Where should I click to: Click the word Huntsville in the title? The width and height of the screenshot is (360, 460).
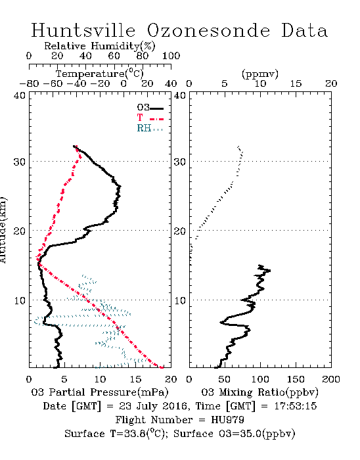click(83, 30)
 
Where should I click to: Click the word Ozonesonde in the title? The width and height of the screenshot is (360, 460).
click(208, 30)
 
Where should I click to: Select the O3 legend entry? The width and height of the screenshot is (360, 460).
click(150, 108)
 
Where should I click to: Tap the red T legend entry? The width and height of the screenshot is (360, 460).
click(150, 118)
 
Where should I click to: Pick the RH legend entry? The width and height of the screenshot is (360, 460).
click(150, 128)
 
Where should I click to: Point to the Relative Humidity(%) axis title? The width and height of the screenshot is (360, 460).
click(100, 46)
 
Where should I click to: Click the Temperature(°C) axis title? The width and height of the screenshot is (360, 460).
click(100, 74)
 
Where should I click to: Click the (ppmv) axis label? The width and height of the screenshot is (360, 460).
click(260, 74)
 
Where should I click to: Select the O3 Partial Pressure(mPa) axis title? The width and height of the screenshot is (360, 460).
click(100, 392)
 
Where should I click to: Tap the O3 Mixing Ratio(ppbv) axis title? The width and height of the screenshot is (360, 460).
click(259, 392)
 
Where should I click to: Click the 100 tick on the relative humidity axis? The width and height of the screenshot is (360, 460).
click(171, 56)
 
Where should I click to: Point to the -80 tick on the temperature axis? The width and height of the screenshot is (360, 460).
click(29, 84)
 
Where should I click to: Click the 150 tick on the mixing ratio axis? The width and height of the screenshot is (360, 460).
click(296, 379)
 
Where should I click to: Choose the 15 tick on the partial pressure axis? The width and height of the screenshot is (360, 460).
click(135, 379)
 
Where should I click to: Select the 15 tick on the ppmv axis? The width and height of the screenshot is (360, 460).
click(296, 84)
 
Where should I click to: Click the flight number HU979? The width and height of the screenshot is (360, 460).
click(227, 420)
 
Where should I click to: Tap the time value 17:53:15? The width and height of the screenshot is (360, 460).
click(296, 406)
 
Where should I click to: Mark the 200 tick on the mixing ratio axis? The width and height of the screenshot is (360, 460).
click(331, 379)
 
